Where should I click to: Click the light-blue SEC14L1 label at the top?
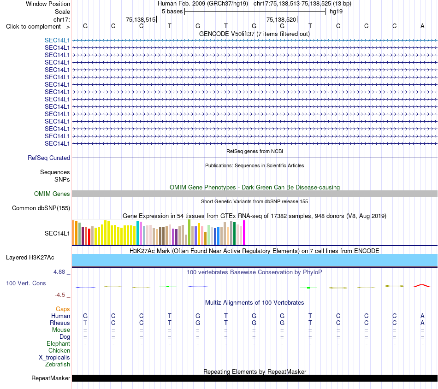pyautogui.click(x=57, y=40)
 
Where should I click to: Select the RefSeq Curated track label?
pyautogui.click(x=49, y=158)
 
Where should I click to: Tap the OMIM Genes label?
pyautogui.click(x=52, y=194)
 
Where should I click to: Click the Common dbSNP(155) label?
pyautogui.click(x=41, y=208)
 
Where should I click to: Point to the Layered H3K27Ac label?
pyautogui.click(x=30, y=258)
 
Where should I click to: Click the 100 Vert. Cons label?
pyautogui.click(x=26, y=283)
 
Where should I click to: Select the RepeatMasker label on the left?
pyautogui.click(x=51, y=378)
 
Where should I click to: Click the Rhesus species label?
pyautogui.click(x=60, y=323)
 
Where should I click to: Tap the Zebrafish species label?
pyautogui.click(x=58, y=364)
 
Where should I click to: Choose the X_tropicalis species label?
pyautogui.click(x=54, y=358)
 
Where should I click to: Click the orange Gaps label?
pyautogui.click(x=63, y=309)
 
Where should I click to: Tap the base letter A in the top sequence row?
pyautogui.click(x=422, y=26)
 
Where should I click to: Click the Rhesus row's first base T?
pyautogui.click(x=85, y=323)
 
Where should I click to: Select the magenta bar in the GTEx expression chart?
pyautogui.click(x=244, y=233)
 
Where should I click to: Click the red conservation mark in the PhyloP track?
pyautogui.click(x=422, y=286)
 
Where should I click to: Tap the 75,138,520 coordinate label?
pyautogui.click(x=281, y=19)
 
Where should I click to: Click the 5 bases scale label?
pyautogui.click(x=172, y=12)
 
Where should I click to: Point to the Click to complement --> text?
pyautogui.click(x=38, y=27)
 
